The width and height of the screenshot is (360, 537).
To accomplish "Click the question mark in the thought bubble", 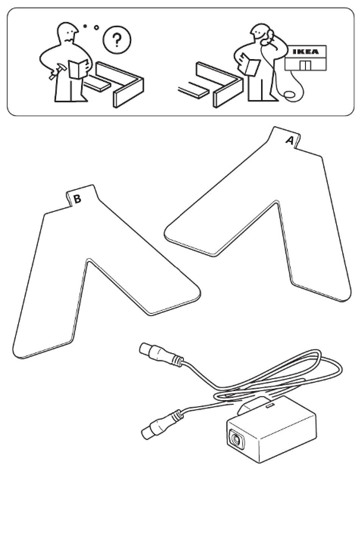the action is (x=117, y=39).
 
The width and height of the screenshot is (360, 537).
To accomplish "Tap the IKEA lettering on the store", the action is (x=306, y=52).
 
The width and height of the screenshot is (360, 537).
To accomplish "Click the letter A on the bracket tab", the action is (x=290, y=141).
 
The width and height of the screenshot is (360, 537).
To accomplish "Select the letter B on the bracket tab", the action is (x=77, y=199).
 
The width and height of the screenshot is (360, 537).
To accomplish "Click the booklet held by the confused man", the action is (x=77, y=69).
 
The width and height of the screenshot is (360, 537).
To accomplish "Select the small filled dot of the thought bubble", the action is (x=85, y=26).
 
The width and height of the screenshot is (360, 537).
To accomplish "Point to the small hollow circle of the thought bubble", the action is (x=96, y=28).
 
